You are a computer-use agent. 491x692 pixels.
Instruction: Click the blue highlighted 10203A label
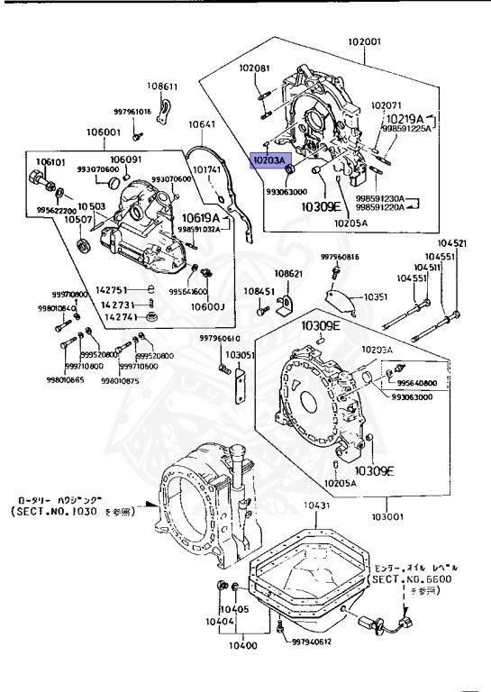pyautogui.click(x=268, y=160)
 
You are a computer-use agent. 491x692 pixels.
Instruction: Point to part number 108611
pyautogui.click(x=163, y=87)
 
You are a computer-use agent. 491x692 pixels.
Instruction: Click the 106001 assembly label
pyautogui.click(x=104, y=132)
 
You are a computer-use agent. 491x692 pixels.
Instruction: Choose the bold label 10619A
pyautogui.click(x=202, y=217)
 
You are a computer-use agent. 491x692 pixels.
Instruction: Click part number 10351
pyautogui.click(x=377, y=296)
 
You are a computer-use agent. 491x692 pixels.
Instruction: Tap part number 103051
pyautogui.click(x=241, y=355)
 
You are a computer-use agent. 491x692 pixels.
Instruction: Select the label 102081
pyautogui.click(x=254, y=68)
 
